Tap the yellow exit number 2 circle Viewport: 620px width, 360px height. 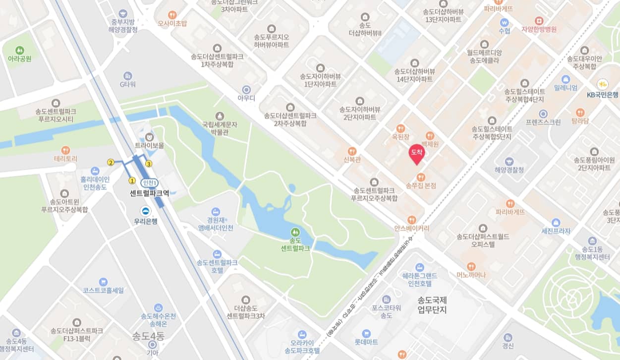(x=111, y=162)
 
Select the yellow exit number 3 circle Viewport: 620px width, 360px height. (x=148, y=164)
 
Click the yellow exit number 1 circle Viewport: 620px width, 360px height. (x=132, y=180)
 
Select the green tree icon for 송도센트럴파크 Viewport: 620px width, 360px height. (x=295, y=232)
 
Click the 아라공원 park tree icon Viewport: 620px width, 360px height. (x=19, y=50)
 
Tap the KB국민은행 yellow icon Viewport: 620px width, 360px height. (x=603, y=84)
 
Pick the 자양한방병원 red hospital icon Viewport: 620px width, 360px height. (x=539, y=21)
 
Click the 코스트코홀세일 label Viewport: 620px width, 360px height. (x=103, y=290)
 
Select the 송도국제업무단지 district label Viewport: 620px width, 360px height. (x=432, y=305)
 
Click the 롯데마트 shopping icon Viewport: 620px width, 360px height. (x=366, y=333)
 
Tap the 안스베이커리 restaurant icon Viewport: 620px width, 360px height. (x=411, y=220)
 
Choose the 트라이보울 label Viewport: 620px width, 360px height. (x=149, y=146)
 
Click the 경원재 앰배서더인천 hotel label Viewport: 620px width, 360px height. (x=215, y=224)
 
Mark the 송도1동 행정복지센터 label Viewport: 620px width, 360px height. (x=591, y=253)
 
